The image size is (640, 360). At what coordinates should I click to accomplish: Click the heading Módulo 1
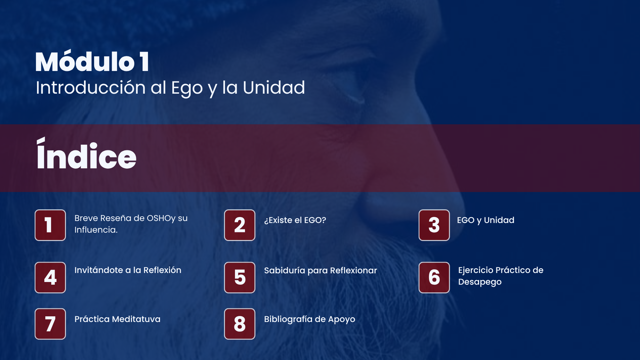tap(92, 61)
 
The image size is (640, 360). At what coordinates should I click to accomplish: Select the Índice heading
tap(86, 153)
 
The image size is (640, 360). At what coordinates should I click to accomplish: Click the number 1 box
tap(50, 225)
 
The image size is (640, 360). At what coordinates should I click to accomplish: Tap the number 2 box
tap(240, 225)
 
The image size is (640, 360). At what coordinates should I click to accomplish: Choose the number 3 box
tap(434, 225)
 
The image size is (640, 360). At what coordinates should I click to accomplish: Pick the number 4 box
tap(50, 277)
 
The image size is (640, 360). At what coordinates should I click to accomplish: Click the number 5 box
tap(240, 277)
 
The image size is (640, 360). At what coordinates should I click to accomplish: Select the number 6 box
tap(434, 277)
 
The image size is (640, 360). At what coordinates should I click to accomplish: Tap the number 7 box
tap(50, 324)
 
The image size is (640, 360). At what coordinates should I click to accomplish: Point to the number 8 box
tap(240, 324)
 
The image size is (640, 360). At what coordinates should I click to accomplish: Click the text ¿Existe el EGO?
tap(295, 220)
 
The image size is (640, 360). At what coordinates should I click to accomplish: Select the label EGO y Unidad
tap(486, 220)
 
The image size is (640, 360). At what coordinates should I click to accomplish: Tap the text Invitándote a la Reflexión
tap(128, 270)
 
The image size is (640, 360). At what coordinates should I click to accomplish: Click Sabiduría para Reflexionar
tap(320, 270)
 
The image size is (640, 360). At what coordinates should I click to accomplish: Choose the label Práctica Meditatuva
tap(117, 319)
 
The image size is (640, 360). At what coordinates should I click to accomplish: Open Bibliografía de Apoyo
tap(309, 319)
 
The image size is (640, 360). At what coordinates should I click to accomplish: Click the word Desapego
tap(480, 282)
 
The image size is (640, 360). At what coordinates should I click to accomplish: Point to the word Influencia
tap(96, 230)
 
